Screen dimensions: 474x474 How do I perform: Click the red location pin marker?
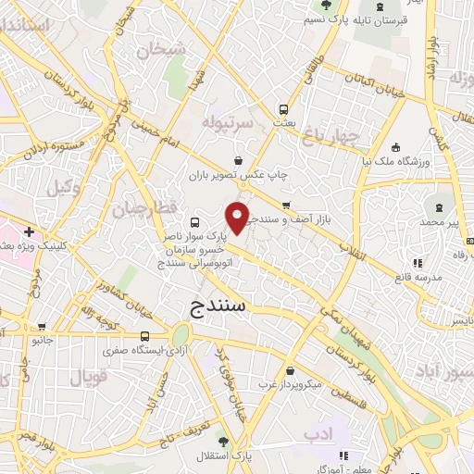[238, 217]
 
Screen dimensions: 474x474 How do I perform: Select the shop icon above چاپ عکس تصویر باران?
[240, 157]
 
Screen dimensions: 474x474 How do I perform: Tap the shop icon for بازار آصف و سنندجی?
[287, 206]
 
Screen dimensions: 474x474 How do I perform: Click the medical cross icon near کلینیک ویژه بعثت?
[30, 231]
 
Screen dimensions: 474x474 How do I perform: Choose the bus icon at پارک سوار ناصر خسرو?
[194, 223]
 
